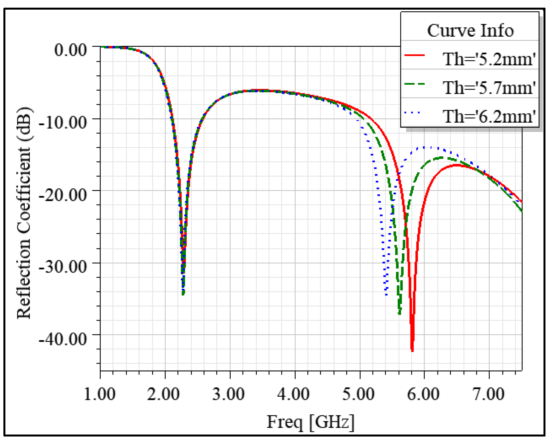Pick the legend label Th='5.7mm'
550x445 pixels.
[x=489, y=88]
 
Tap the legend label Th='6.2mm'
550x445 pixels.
[x=489, y=116]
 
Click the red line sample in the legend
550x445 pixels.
[x=414, y=55]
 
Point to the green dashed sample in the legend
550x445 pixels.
[x=414, y=84]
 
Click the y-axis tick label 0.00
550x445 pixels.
[x=70, y=50]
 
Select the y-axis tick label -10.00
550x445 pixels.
[x=63, y=122]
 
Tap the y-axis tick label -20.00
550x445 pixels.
[x=63, y=195]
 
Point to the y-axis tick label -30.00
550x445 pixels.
[x=63, y=267]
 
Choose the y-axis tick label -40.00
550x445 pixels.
[x=63, y=338]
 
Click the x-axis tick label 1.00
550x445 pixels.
[x=100, y=394]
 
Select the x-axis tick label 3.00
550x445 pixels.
[x=229, y=394]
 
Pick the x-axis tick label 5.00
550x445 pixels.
[x=358, y=394]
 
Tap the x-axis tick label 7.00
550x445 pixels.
[x=489, y=394]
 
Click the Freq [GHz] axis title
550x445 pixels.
[x=311, y=422]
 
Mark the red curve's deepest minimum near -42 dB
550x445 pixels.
[x=412, y=351]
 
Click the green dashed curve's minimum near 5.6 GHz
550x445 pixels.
[x=400, y=313]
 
